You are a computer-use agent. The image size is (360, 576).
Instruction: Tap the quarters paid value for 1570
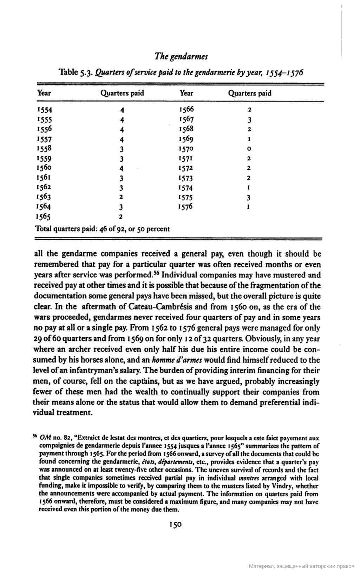(x=249, y=149)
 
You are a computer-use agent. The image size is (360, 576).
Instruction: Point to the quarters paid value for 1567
(x=249, y=120)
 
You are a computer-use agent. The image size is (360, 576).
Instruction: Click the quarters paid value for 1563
(x=120, y=197)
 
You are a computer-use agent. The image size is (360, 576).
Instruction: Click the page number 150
(x=175, y=525)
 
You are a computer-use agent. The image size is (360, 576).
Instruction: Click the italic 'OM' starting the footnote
(x=46, y=438)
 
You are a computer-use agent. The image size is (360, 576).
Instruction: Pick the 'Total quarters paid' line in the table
(x=103, y=229)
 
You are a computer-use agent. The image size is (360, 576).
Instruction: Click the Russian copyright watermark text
(x=302, y=567)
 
